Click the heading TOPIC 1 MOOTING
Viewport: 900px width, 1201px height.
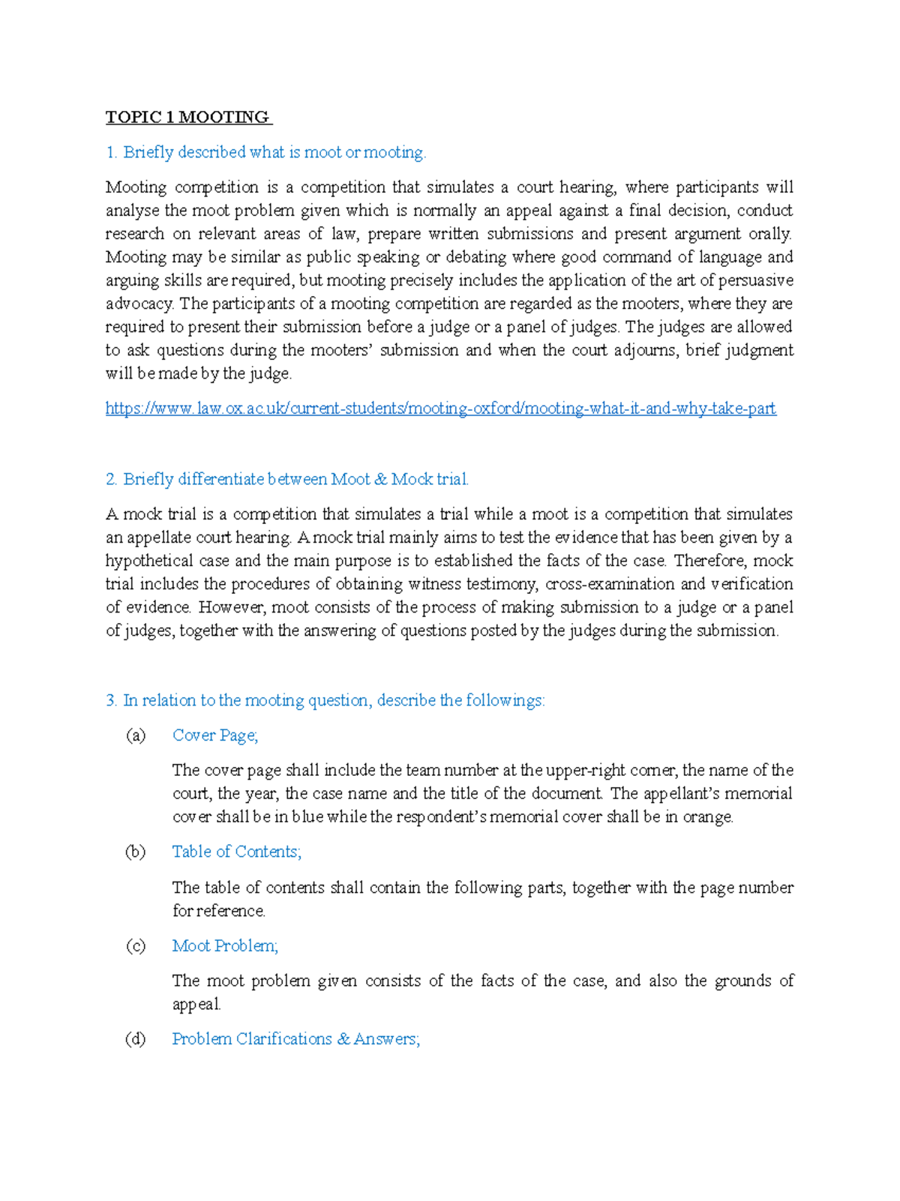pyautogui.click(x=187, y=117)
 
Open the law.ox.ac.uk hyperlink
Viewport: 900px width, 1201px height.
pyautogui.click(x=440, y=409)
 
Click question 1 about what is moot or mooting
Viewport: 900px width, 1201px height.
pyautogui.click(x=265, y=152)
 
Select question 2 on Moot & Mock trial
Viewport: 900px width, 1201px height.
pyautogui.click(x=287, y=479)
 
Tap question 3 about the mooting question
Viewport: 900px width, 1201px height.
pyautogui.click(x=325, y=700)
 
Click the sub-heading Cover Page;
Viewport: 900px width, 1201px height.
pyautogui.click(x=215, y=735)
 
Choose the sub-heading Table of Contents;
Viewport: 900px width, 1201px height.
pyautogui.click(x=236, y=852)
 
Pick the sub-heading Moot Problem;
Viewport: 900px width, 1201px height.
pyautogui.click(x=225, y=945)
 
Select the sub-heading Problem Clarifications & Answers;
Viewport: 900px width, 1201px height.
pyautogui.click(x=295, y=1039)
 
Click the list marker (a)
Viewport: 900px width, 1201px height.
pyautogui.click(x=136, y=735)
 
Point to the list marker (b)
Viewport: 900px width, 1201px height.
pyautogui.click(x=136, y=852)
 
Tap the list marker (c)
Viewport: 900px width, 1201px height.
pyautogui.click(x=136, y=945)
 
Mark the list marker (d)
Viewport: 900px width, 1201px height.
pyautogui.click(x=136, y=1039)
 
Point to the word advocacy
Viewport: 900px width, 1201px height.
pyautogui.click(x=139, y=304)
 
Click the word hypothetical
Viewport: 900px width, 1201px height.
pyautogui.click(x=148, y=561)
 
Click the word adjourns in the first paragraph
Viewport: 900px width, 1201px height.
pyautogui.click(x=644, y=350)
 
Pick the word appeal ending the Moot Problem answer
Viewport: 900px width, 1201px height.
pyautogui.click(x=196, y=1005)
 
